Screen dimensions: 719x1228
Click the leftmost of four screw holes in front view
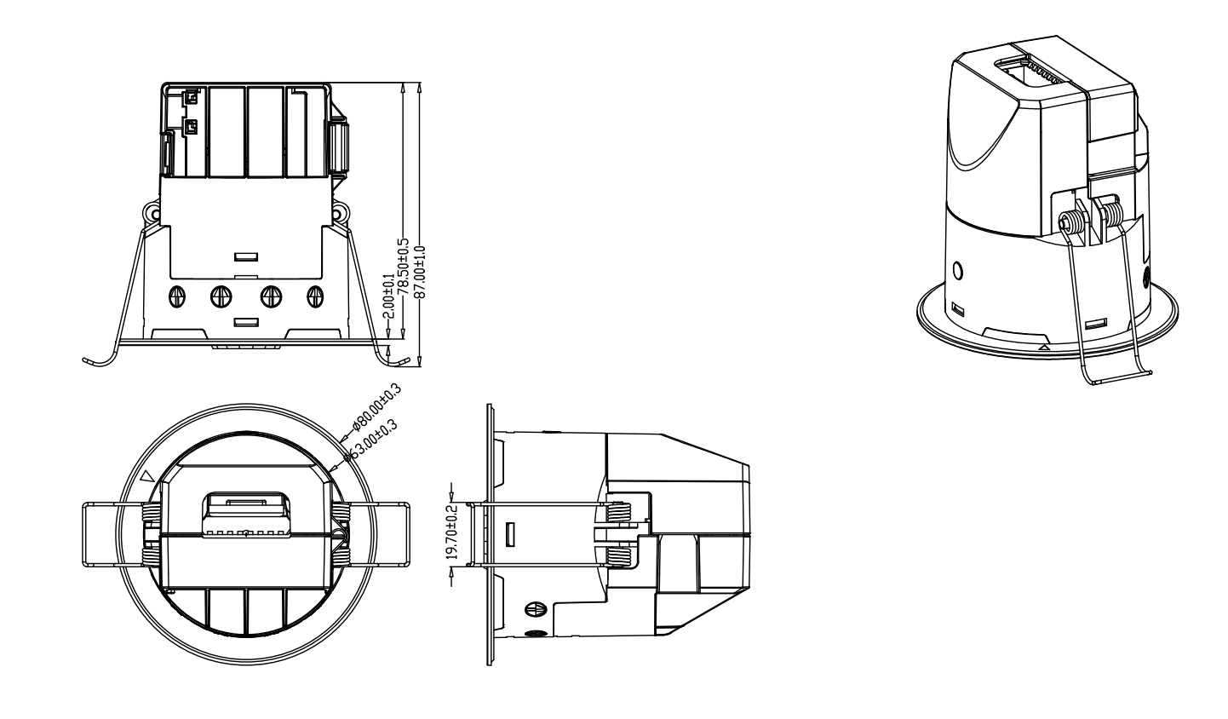tap(177, 296)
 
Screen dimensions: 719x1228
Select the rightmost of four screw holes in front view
tap(316, 296)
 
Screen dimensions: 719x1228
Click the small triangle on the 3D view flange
tap(1044, 348)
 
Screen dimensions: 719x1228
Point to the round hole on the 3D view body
tap(958, 272)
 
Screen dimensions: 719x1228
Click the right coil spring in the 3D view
tap(1111, 210)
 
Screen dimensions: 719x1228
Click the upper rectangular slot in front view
tap(247, 256)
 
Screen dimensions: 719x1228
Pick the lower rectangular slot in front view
tap(247, 322)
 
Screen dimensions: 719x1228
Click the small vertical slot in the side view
tap(509, 535)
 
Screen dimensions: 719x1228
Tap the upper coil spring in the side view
tap(620, 511)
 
